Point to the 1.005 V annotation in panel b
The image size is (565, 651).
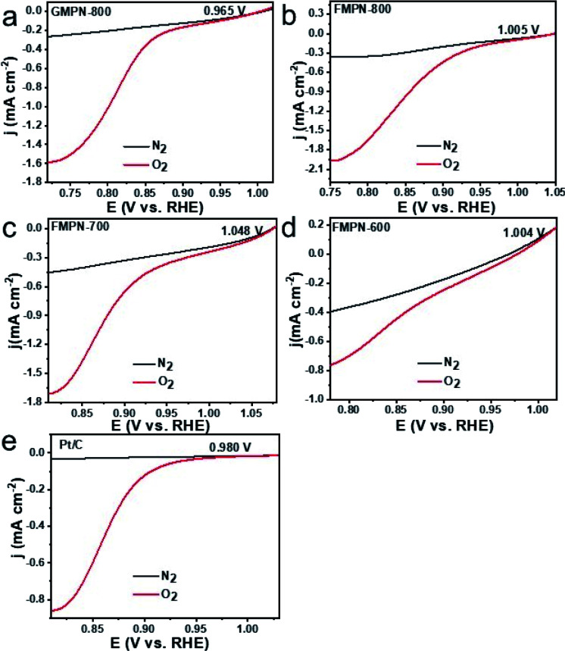[x=519, y=30]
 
